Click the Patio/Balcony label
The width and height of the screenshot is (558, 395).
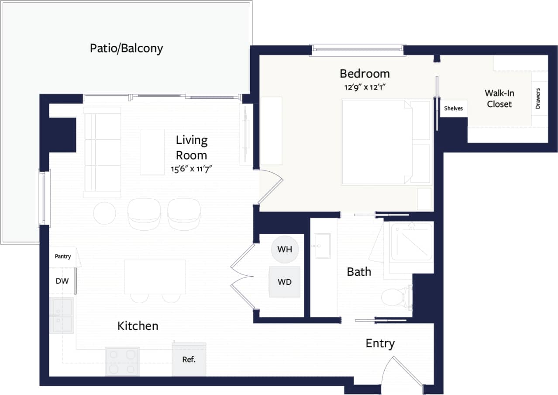(126, 48)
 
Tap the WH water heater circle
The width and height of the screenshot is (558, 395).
(285, 250)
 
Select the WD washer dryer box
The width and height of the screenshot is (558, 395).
(285, 282)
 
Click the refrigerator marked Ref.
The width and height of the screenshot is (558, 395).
(189, 360)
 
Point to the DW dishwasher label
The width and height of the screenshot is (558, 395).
(62, 281)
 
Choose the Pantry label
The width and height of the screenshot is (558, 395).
(63, 256)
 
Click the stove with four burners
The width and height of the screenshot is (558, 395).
(122, 361)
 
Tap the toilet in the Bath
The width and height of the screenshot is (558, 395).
(395, 298)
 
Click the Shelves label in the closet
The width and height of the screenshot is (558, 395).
(453, 108)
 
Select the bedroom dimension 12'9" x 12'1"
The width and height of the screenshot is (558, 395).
(365, 87)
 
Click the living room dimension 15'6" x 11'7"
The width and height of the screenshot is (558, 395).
(192, 168)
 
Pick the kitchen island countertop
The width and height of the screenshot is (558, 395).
(155, 277)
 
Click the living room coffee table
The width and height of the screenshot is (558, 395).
(152, 152)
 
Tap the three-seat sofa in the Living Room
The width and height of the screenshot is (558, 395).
(102, 152)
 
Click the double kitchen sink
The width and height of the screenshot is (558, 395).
(62, 315)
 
